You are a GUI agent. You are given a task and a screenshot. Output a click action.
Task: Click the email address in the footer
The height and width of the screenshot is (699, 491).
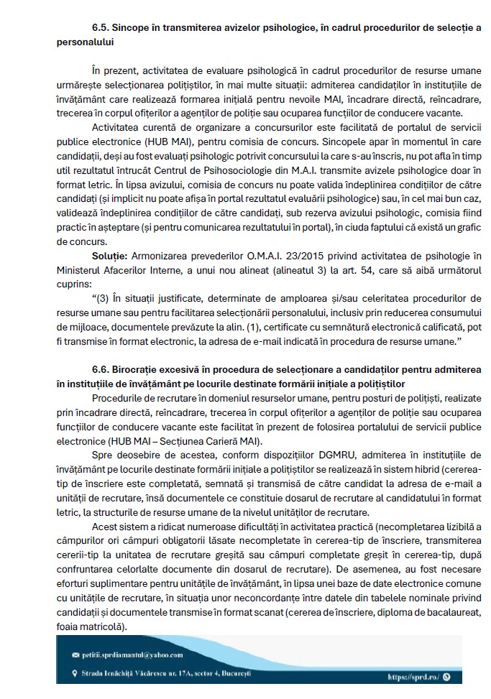point(133,654)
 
